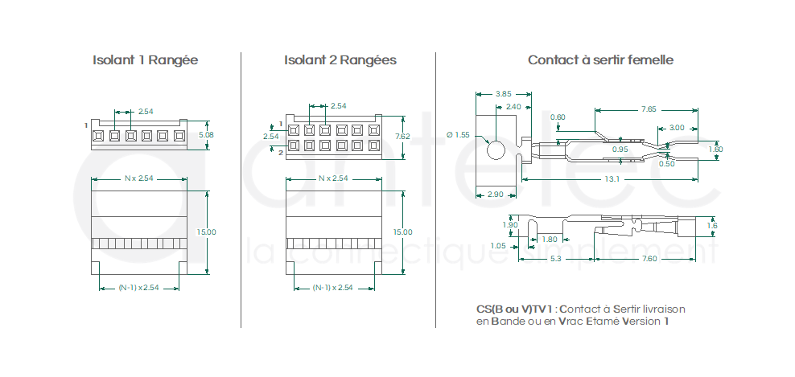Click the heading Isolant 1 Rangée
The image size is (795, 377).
click(145, 60)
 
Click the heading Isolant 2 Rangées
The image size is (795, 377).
click(340, 60)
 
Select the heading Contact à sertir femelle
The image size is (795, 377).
click(600, 60)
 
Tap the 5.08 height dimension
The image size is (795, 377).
click(206, 135)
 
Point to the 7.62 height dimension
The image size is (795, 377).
click(402, 136)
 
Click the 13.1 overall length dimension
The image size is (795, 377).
click(612, 178)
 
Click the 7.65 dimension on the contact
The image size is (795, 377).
click(649, 109)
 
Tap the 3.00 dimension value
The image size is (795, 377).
click(677, 127)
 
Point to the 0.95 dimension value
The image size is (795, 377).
click(620, 150)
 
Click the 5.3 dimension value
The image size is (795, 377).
click(556, 258)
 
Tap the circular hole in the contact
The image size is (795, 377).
click(496, 150)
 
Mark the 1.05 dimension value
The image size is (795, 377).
click(497, 245)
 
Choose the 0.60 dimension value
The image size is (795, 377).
click(558, 118)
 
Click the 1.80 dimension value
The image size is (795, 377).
click(550, 239)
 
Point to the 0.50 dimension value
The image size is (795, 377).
click(667, 164)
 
